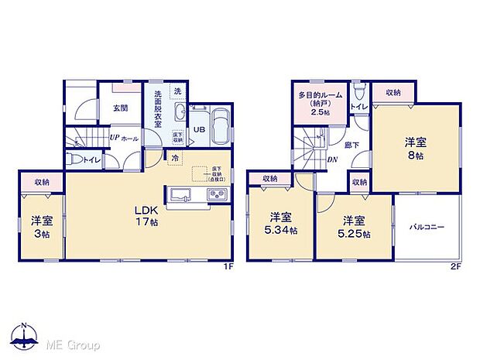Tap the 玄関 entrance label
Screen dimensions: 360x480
click(120, 108)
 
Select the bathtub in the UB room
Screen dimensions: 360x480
click(219, 127)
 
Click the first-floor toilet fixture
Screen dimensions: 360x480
click(76, 160)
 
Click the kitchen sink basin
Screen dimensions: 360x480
click(180, 194)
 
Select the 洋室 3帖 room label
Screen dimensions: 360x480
click(41, 227)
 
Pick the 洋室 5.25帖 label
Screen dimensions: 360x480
click(355, 225)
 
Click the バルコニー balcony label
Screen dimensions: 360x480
click(427, 228)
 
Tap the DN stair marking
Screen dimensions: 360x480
click(331, 160)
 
